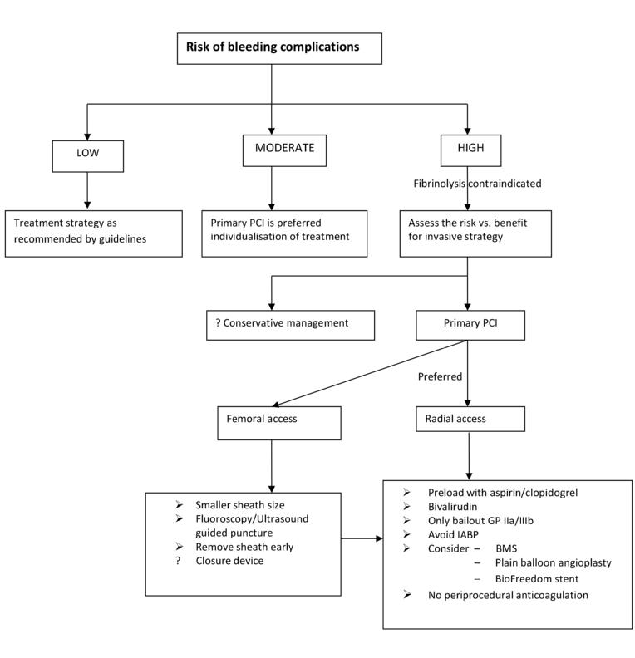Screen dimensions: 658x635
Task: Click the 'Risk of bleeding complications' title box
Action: tap(279, 48)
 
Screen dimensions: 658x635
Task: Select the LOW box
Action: tap(87, 154)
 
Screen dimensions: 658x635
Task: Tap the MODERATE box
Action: tap(284, 150)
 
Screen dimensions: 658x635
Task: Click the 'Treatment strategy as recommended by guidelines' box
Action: tap(93, 233)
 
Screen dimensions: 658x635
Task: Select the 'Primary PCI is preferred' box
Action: tap(284, 230)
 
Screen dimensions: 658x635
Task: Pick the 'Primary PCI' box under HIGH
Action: tap(470, 324)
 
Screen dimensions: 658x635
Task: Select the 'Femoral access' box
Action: tap(279, 422)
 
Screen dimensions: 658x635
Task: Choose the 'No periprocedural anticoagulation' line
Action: tap(505, 595)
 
